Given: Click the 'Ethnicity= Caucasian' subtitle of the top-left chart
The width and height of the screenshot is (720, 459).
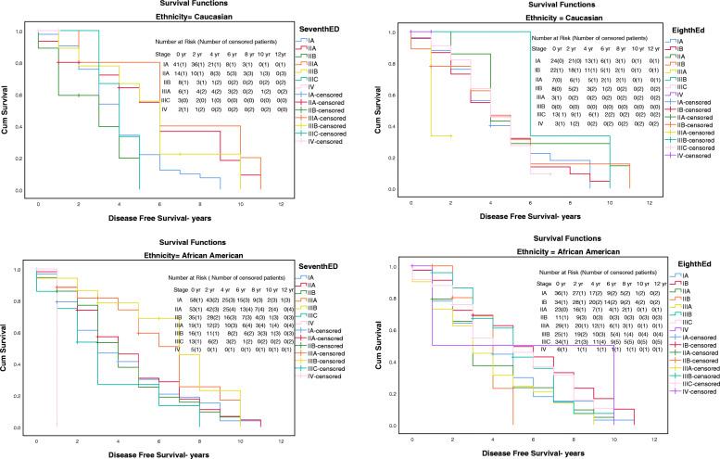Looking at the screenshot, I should [153, 16].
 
